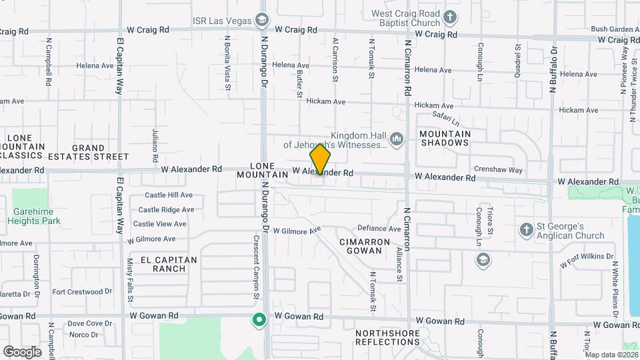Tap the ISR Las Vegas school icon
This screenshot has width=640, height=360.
click(x=261, y=19)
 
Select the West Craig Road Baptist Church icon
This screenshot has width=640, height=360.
click(x=450, y=17)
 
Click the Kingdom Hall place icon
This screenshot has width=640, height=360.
click(x=397, y=139)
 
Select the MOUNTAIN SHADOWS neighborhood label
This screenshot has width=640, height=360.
click(x=445, y=138)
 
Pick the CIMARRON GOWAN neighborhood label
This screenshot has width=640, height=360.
click(x=360, y=246)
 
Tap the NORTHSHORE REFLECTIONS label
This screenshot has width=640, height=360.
click(x=387, y=337)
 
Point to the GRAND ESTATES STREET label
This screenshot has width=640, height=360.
click(x=100, y=152)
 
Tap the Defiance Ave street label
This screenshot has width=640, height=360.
click(x=379, y=228)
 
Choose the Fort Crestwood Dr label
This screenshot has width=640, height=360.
click(x=82, y=291)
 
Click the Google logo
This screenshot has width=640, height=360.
click(x=22, y=351)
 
